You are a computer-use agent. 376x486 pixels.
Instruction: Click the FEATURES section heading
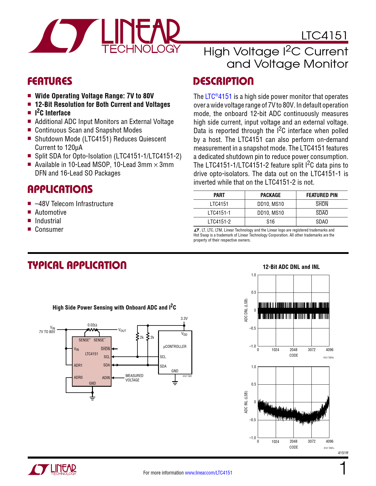50,81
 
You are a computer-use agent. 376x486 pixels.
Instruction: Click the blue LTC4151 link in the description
219,97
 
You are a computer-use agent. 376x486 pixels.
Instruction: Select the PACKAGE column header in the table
270,195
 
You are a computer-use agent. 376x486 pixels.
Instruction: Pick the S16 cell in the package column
270,221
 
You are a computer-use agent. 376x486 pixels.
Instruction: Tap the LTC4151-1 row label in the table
219,213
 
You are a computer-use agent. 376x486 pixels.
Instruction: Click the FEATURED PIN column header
322,195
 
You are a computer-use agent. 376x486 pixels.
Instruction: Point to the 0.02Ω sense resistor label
92,325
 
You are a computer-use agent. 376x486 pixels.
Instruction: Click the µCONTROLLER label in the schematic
175,346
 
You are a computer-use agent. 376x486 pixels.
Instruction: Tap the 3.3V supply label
184,318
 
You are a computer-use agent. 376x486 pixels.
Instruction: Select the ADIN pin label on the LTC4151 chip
106,378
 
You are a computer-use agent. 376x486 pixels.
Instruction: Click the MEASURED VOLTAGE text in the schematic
134,378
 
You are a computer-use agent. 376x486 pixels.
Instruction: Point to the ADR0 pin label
78,377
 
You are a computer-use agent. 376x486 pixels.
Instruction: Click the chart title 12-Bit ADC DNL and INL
291,267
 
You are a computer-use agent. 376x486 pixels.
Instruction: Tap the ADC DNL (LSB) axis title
246,310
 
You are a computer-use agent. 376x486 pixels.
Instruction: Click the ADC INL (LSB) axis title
246,402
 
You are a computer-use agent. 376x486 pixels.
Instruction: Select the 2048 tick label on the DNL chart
293,350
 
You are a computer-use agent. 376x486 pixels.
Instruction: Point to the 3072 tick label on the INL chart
312,441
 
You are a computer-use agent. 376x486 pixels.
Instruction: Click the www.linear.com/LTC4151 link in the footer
208,473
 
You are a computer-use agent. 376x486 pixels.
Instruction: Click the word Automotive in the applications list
50,212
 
